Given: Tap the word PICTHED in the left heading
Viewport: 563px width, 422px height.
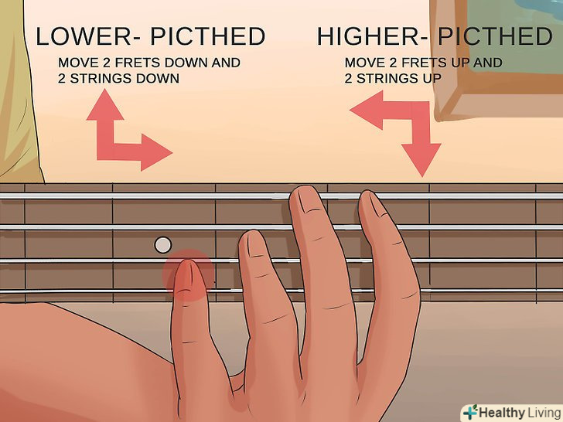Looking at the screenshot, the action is (x=208, y=36).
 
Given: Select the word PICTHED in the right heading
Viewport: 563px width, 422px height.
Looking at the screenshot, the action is (x=495, y=36).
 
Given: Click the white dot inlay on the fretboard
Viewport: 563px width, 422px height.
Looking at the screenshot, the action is (x=163, y=245).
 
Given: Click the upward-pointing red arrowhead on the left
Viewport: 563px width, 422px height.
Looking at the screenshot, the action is (x=105, y=105).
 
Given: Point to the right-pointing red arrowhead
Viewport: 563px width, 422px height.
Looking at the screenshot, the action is (x=156, y=152).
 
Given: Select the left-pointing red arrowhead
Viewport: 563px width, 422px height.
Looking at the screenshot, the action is (x=367, y=110).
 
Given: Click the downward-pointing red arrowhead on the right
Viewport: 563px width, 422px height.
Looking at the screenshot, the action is (x=421, y=160).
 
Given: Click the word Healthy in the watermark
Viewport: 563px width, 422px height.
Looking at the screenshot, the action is (x=502, y=413).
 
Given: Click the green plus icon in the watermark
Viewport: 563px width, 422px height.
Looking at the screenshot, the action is (x=470, y=412).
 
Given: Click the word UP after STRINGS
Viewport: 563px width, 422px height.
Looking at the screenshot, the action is (x=432, y=78).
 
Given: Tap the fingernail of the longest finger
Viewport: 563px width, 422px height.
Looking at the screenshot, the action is (x=308, y=203).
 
